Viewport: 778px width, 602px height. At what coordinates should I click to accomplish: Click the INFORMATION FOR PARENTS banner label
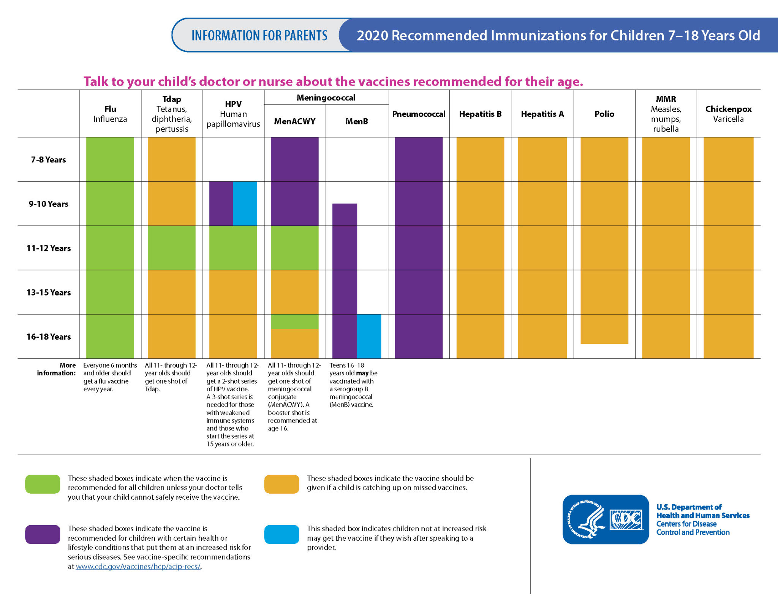click(x=259, y=35)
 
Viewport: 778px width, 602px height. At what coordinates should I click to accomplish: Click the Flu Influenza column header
click(x=110, y=114)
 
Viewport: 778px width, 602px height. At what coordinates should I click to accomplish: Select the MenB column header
click(x=356, y=121)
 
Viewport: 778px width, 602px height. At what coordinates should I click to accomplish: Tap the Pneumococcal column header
click(x=419, y=114)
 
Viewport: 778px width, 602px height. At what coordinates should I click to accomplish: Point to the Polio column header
click(x=604, y=114)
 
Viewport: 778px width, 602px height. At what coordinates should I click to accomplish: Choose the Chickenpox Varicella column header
click(x=728, y=114)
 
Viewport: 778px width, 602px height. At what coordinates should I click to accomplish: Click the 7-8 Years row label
click(x=48, y=159)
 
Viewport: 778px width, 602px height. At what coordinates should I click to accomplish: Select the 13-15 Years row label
click(x=48, y=292)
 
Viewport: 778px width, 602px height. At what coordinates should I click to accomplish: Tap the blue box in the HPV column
click(x=245, y=203)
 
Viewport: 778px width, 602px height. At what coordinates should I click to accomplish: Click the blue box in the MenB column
click(x=369, y=336)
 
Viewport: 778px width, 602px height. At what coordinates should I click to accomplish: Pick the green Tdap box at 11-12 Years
click(x=172, y=248)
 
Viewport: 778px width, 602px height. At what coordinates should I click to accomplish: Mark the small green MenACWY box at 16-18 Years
click(x=294, y=321)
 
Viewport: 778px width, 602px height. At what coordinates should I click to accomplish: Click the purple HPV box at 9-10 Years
click(x=221, y=203)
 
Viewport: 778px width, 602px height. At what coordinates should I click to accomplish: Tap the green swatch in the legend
click(x=43, y=484)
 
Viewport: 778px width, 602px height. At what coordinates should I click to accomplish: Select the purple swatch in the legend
click(x=43, y=534)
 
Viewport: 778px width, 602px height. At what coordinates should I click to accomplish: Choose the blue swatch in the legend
click(x=281, y=534)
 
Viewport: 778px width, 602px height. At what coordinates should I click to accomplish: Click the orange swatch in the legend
click(x=281, y=484)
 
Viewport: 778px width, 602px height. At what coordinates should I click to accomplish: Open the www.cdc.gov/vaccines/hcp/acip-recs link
click(x=138, y=566)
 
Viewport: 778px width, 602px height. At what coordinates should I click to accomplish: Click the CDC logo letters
click(x=626, y=519)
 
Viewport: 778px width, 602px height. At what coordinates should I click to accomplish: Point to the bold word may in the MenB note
click(x=362, y=373)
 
